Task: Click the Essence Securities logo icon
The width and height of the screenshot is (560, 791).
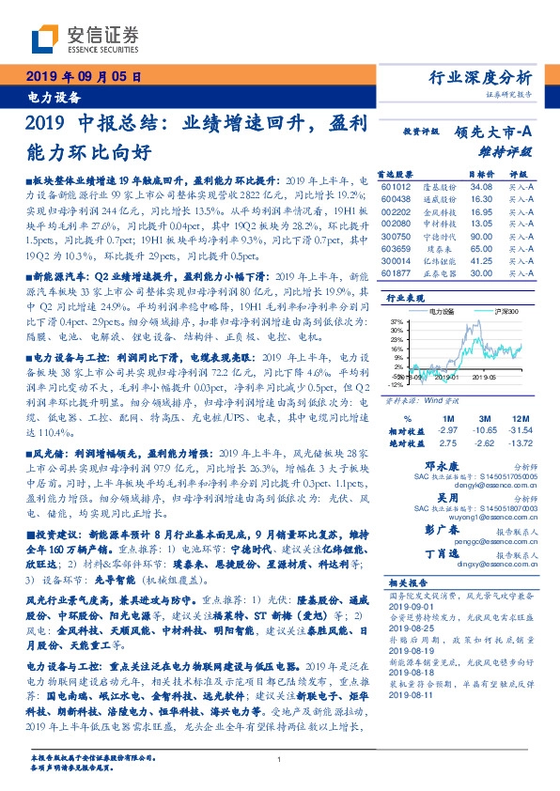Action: tap(45, 40)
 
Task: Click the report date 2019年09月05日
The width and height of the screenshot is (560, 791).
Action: tap(83, 78)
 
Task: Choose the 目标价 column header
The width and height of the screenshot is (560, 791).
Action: tap(480, 174)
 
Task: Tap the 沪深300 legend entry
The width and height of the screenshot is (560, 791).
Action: tap(495, 309)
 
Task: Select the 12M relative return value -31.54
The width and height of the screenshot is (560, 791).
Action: tap(520, 428)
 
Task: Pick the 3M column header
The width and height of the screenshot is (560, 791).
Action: tap(485, 417)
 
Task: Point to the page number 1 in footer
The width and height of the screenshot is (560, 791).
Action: tap(280, 760)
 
